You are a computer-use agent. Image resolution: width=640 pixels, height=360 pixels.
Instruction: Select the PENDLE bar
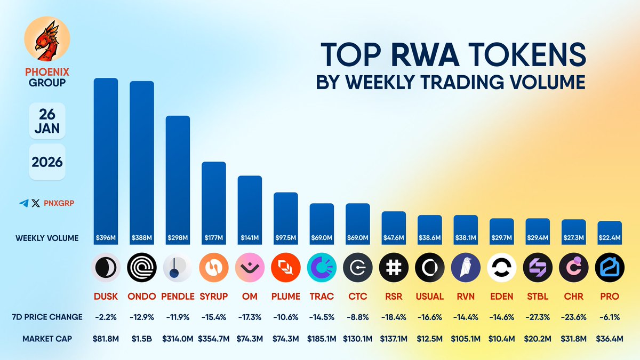(178, 176)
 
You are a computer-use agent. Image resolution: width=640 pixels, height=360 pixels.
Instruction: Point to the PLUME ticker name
(285, 296)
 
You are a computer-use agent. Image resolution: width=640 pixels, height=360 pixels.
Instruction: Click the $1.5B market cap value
(141, 338)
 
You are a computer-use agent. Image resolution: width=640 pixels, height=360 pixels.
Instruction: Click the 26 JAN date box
(46, 122)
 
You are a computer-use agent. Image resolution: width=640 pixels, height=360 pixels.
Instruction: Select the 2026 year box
(46, 162)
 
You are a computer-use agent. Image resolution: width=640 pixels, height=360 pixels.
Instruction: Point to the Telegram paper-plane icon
(23, 203)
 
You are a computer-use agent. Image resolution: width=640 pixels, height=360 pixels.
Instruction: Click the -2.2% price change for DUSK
(106, 317)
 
